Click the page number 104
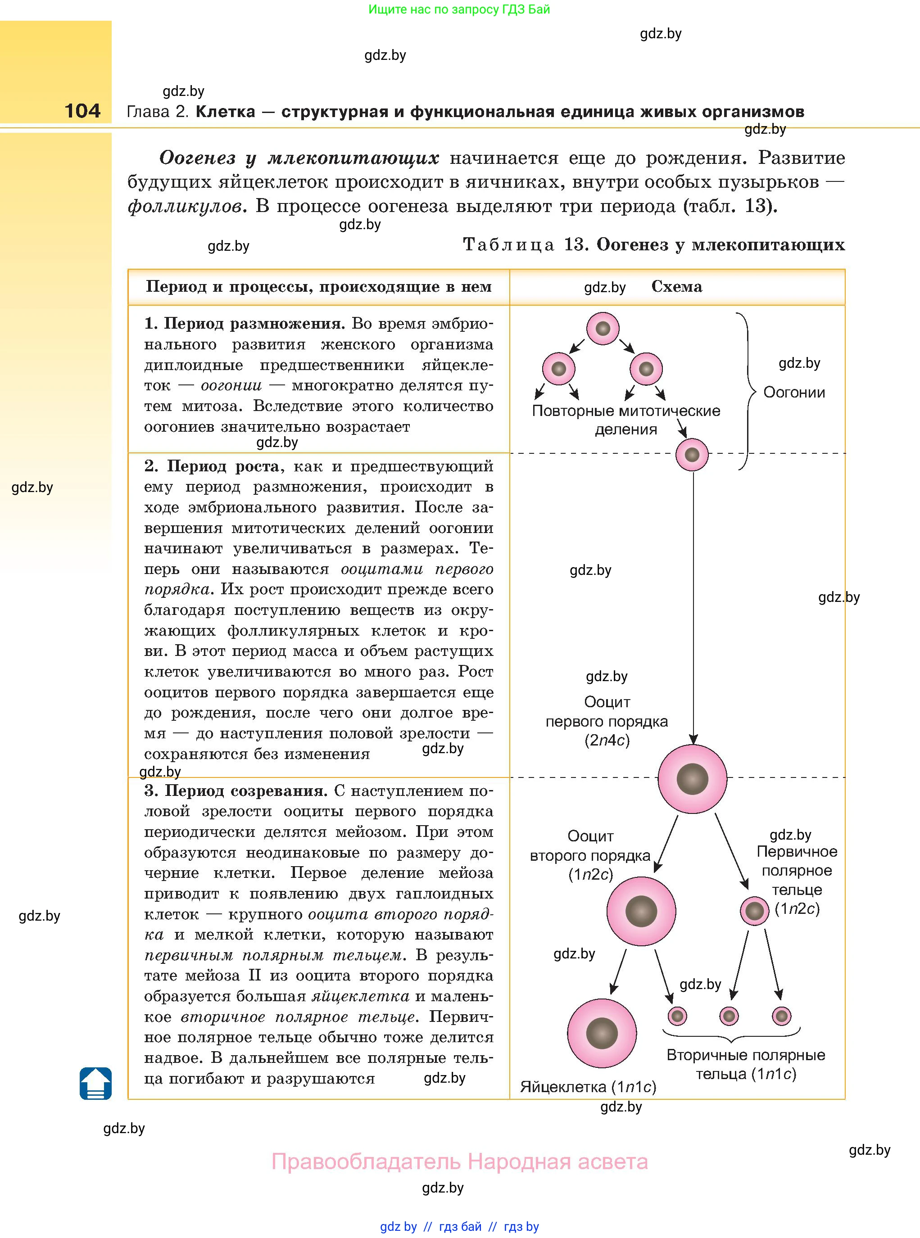82,111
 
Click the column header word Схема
677,287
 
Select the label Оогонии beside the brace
793,393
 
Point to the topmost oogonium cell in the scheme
603,329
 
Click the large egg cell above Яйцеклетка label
602,1033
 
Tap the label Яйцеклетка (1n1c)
588,1087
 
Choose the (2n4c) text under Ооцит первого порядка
607,741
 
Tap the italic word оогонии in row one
231,385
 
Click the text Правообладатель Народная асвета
459,1162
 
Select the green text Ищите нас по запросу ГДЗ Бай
459,9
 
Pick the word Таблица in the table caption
508,245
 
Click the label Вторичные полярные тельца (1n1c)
746,1064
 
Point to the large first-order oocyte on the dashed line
692,778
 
